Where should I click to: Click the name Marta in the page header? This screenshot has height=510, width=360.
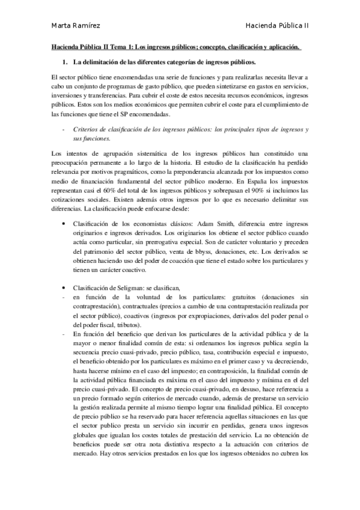[x=60, y=25]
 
